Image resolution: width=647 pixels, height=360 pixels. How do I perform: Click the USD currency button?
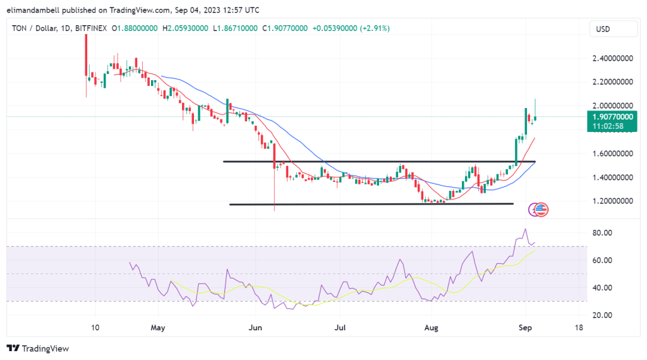pyautogui.click(x=605, y=29)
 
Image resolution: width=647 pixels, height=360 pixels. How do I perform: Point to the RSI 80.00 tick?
pyautogui.click(x=602, y=232)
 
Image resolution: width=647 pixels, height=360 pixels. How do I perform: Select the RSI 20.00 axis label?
pyautogui.click(x=602, y=315)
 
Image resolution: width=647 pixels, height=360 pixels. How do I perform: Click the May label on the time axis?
pyautogui.click(x=158, y=328)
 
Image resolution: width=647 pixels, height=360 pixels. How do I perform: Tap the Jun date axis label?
pyautogui.click(x=255, y=328)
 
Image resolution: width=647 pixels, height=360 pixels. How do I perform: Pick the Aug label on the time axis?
pyautogui.click(x=432, y=328)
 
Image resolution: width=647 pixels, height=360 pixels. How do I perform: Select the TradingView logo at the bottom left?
pyautogui.click(x=38, y=348)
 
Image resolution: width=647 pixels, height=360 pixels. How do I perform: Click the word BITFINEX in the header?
pyautogui.click(x=90, y=28)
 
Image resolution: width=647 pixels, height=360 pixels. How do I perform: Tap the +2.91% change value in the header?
pyautogui.click(x=375, y=28)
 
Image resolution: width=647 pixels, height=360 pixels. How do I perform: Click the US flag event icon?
pyautogui.click(x=542, y=210)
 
